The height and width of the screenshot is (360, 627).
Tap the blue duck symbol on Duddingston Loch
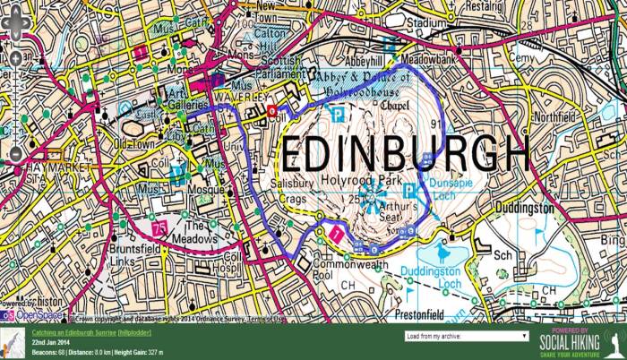pos(447,254)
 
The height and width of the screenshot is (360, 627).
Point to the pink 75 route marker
pos(160,229)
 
